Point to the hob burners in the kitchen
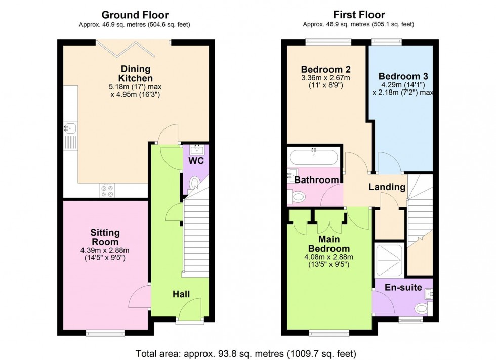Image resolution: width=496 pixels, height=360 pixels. coord(107,190)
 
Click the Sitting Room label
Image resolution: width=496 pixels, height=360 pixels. coord(105,237)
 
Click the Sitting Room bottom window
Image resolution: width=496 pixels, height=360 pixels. coord(105,332)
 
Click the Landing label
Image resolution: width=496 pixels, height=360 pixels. coord(387,187)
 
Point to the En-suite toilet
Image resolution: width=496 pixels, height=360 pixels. coord(421,308)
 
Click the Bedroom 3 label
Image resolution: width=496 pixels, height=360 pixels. coord(403,76)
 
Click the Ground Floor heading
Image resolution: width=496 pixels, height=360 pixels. coord(135,15)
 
